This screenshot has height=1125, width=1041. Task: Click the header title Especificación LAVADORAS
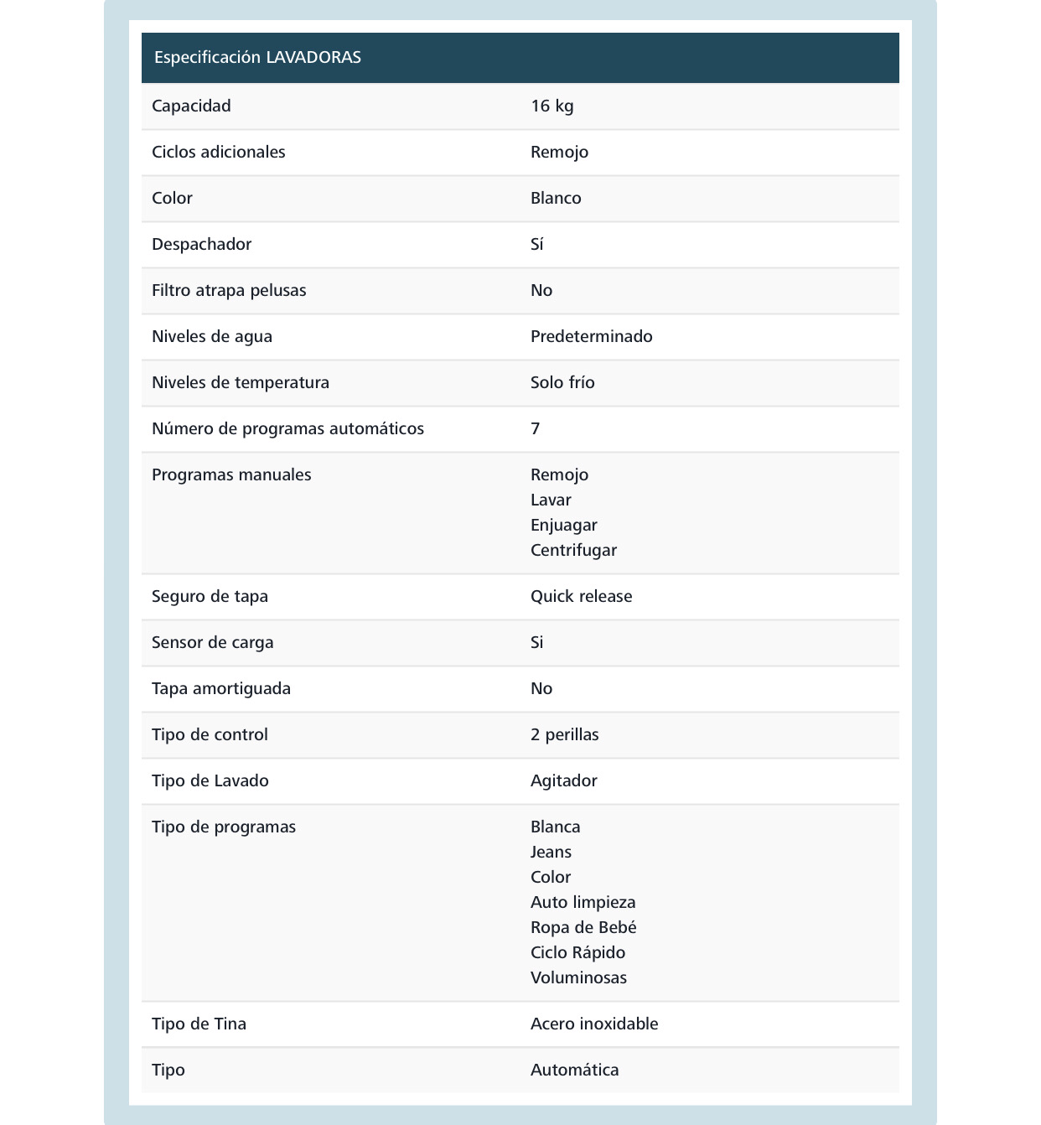click(x=257, y=57)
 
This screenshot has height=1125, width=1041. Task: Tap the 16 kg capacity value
click(x=552, y=106)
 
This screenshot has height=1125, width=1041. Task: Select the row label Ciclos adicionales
click(x=218, y=152)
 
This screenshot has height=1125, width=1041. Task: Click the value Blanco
click(x=556, y=198)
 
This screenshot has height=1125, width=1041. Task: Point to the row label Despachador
click(x=201, y=244)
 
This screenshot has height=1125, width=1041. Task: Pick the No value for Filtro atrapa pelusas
click(x=541, y=290)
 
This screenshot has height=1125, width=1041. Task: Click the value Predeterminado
click(x=591, y=336)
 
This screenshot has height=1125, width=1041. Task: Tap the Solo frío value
click(x=562, y=382)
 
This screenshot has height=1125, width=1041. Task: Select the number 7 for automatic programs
click(x=536, y=428)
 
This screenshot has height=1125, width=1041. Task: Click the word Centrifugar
click(x=573, y=550)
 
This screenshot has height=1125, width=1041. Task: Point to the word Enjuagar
click(x=563, y=525)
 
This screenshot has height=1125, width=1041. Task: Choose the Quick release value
click(x=581, y=596)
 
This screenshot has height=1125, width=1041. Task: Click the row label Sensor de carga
click(x=212, y=642)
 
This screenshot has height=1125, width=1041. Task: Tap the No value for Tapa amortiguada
click(x=541, y=688)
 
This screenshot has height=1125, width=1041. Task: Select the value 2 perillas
click(x=564, y=734)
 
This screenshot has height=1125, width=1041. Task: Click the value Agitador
click(x=563, y=780)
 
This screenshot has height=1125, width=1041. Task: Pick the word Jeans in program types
click(x=551, y=852)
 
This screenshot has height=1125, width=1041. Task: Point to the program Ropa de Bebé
click(x=583, y=927)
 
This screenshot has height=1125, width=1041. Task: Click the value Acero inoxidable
click(x=594, y=1024)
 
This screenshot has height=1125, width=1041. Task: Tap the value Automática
click(x=574, y=1070)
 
